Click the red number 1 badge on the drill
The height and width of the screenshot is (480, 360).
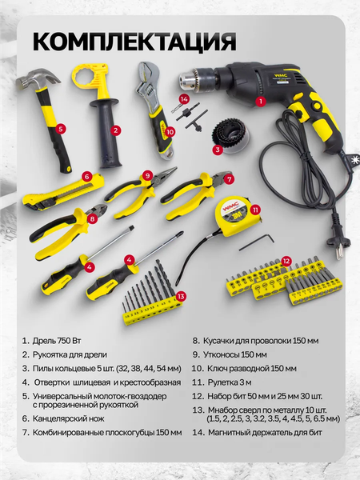[x=261, y=101]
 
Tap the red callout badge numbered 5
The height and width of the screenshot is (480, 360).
[x=61, y=129]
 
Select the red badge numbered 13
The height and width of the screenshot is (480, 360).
[x=181, y=296]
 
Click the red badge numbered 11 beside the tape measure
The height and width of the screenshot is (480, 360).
[x=255, y=210]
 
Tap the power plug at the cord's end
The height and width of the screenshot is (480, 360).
[x=339, y=246]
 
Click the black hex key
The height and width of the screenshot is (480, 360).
[x=257, y=242]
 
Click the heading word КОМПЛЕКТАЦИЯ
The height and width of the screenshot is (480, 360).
[x=134, y=41]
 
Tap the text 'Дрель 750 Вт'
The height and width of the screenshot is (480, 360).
[x=57, y=341]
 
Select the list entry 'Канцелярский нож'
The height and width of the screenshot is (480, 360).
[x=68, y=418]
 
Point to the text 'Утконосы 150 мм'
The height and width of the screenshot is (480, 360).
[x=234, y=354]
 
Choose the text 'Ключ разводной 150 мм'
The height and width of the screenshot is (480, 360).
[x=252, y=368]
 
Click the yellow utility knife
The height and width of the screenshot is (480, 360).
[x=63, y=193]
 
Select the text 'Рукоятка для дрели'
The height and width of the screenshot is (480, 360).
[x=70, y=354]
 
